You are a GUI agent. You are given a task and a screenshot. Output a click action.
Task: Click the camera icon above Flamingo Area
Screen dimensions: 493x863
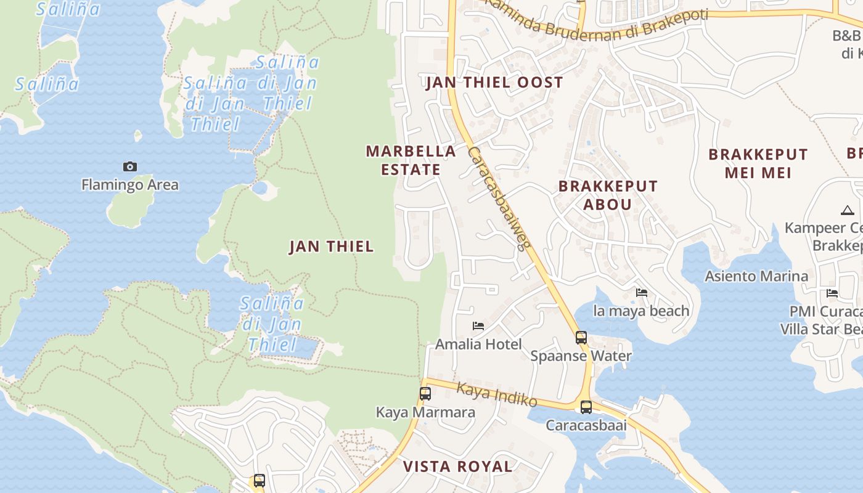point(129,166)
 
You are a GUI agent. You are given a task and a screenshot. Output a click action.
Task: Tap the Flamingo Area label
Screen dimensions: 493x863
point(130,184)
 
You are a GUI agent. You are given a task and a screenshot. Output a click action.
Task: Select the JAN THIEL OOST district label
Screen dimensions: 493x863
point(494,83)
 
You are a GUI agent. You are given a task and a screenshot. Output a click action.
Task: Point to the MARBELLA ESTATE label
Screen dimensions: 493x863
point(411,160)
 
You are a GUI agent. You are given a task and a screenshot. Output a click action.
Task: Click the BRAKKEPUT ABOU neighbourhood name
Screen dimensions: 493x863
point(608,195)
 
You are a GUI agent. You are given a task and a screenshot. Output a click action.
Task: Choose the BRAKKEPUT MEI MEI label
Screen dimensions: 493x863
point(758,163)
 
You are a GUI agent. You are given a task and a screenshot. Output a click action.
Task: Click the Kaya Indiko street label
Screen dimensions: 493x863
point(497,394)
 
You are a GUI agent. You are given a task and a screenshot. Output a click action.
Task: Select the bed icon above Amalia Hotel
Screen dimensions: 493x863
point(478,326)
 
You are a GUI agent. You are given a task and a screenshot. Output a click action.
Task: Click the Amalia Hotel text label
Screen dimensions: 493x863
point(478,344)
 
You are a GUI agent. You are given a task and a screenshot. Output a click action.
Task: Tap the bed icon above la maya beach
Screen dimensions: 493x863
point(642,293)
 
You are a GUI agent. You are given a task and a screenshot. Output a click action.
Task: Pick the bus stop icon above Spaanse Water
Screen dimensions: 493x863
point(581,337)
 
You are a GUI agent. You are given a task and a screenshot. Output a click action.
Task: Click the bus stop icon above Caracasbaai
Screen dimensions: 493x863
point(586,407)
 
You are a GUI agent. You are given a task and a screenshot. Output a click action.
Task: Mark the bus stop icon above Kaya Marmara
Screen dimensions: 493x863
point(425,394)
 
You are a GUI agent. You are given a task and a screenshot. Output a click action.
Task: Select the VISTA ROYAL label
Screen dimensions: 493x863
point(457,467)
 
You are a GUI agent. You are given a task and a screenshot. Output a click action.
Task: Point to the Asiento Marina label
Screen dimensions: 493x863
point(756,276)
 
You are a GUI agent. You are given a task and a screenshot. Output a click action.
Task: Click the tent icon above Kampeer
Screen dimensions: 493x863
point(847,210)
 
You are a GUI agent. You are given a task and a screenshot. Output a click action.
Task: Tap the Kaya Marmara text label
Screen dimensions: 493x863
point(425,412)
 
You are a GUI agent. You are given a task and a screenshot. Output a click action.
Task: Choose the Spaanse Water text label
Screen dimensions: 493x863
point(581,356)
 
